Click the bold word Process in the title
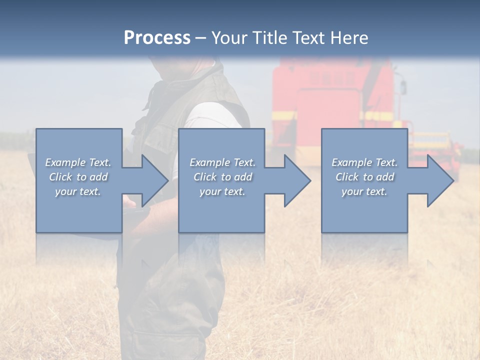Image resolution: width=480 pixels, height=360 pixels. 157,37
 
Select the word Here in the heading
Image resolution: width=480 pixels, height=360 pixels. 349,37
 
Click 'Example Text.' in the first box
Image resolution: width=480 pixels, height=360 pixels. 78,162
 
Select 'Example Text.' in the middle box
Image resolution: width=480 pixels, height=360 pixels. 222,162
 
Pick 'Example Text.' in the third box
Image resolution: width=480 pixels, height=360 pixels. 364,162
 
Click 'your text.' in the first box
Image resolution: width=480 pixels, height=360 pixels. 78,191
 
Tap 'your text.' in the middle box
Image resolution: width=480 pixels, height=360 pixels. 222,191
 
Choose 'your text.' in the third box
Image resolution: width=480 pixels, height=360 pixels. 364,191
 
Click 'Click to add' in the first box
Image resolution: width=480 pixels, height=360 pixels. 78,177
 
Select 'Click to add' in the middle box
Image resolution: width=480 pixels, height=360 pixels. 222,177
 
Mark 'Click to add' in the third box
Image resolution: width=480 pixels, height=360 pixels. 364,177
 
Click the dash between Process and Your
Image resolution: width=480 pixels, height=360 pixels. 200,38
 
